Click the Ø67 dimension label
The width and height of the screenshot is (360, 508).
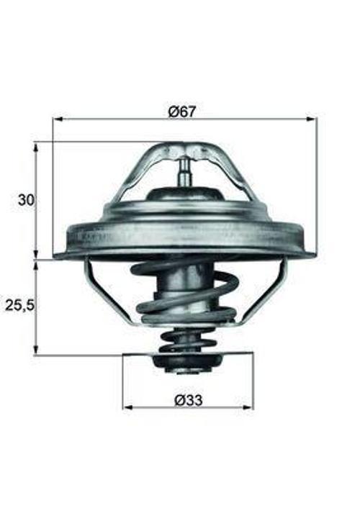[182, 112]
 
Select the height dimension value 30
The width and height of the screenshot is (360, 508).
[25, 200]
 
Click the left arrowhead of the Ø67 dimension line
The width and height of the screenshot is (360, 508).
[57, 119]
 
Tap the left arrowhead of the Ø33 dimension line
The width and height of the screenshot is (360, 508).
[127, 407]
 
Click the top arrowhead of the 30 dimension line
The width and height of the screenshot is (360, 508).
[36, 146]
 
